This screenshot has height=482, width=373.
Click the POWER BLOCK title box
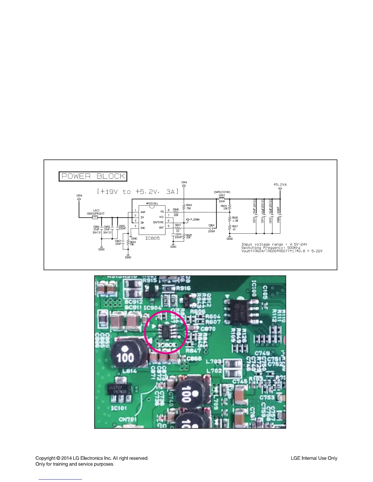(x=93, y=176)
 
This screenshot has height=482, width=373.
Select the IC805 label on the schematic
(x=152, y=238)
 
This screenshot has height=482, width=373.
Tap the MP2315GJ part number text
(x=152, y=204)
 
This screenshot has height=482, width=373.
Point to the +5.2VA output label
(x=280, y=184)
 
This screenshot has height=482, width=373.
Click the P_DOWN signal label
(x=195, y=220)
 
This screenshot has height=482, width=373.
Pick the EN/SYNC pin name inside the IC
(x=158, y=222)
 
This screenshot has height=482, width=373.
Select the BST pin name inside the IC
(x=161, y=228)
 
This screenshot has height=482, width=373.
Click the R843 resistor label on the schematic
(x=189, y=205)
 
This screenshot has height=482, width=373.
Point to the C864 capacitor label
(x=211, y=225)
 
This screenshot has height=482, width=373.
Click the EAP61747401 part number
(x=222, y=192)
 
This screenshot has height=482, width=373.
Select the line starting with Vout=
(x=282, y=251)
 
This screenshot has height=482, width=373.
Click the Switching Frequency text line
(x=271, y=248)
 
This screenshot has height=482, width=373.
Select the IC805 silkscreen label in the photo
(x=166, y=345)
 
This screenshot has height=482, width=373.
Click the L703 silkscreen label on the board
(x=214, y=361)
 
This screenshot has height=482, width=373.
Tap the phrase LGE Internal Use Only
(x=314, y=458)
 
